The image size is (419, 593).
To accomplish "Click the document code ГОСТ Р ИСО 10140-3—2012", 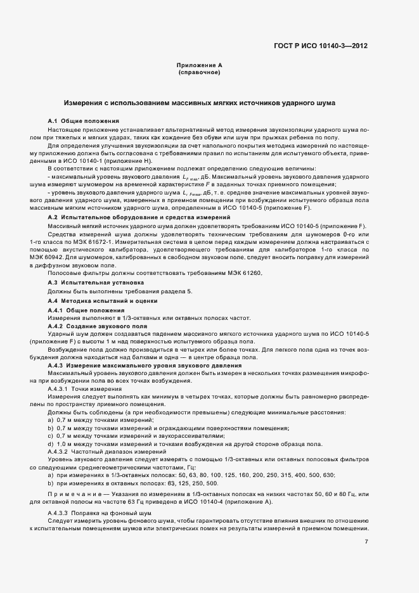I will click(321, 46).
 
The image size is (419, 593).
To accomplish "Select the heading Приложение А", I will click(199, 66).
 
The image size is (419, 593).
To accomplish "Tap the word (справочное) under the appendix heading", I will click(199, 73).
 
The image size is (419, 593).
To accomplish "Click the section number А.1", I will click(53, 120).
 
